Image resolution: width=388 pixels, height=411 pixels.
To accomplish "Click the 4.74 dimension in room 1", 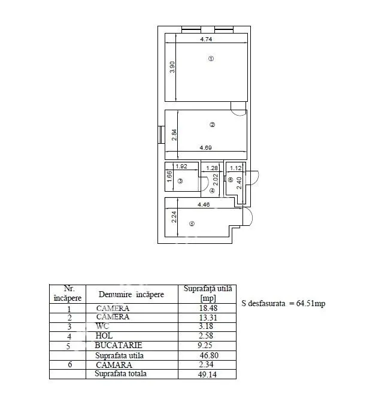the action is coord(206,39).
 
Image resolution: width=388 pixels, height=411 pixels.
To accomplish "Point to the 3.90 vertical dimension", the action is coord(172,67).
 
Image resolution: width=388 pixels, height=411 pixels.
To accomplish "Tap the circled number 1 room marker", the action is coord(211,59).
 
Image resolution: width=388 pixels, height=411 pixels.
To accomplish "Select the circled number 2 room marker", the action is coord(212,125).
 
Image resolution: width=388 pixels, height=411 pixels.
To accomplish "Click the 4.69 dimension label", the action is coord(205,148).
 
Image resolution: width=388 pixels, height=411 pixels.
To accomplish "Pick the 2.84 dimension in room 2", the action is coord(174,135).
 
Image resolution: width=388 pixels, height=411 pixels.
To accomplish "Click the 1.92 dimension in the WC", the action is coord(181,166).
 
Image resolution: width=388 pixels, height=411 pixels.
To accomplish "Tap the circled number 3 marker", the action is coord(180,181).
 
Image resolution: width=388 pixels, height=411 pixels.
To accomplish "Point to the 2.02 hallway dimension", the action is coord(216,180).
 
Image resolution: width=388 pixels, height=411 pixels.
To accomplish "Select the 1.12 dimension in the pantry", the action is coord(235,168).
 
